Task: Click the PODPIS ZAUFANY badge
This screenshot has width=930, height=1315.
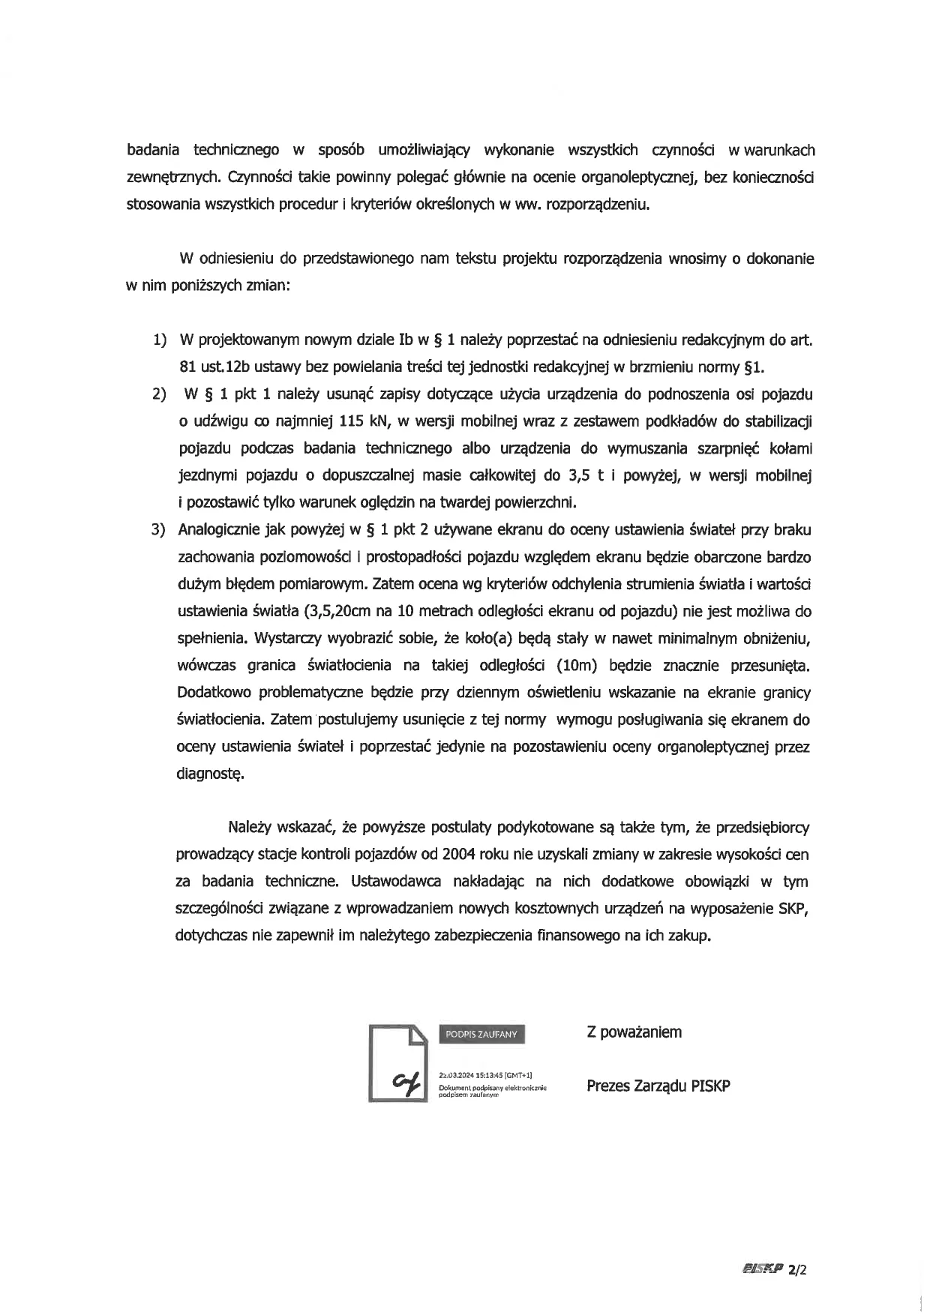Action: tap(481, 1034)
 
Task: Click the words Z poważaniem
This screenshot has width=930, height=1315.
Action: tap(634, 1032)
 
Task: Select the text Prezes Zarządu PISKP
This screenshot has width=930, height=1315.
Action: tap(658, 1086)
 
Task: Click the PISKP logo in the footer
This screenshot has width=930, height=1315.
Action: tap(761, 1269)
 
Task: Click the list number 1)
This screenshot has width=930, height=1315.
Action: tap(159, 340)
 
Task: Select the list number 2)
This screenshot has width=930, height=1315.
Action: tap(159, 394)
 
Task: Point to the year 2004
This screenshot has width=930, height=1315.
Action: tap(458, 855)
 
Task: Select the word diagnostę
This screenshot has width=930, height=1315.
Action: tap(210, 774)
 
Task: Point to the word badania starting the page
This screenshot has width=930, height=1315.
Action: tap(152, 150)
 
